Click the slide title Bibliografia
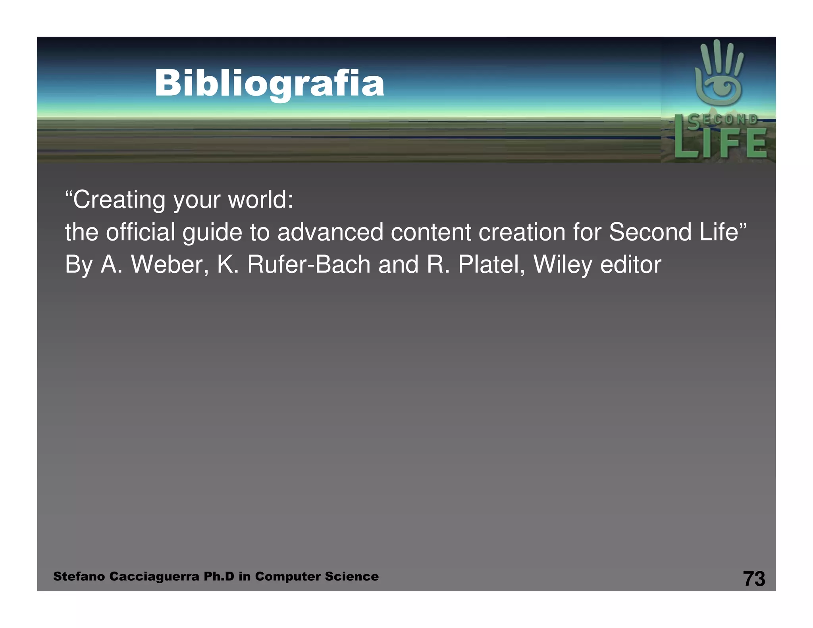pyautogui.click(x=269, y=83)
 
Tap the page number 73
pyautogui.click(x=753, y=578)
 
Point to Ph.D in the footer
pyautogui.click(x=219, y=576)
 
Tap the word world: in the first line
pyautogui.click(x=260, y=200)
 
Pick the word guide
pyautogui.click(x=212, y=233)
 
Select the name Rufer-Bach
pyautogui.click(x=308, y=264)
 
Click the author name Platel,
pyautogui.click(x=491, y=264)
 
